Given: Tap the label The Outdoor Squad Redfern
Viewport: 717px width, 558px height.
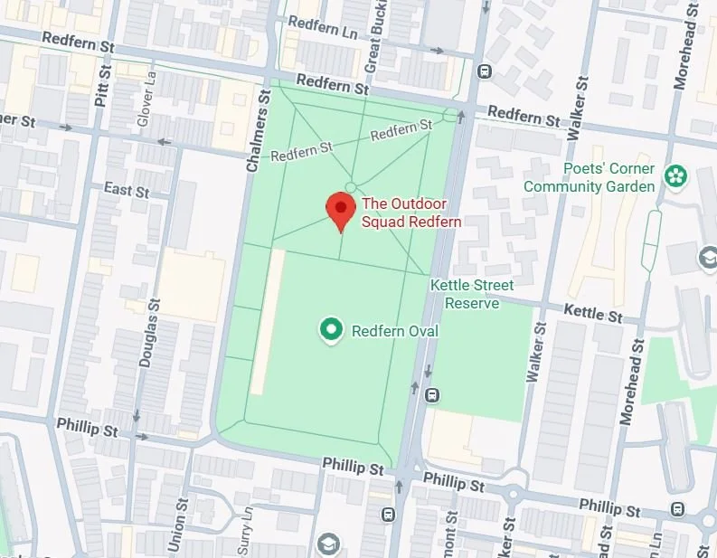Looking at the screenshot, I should tap(411, 213).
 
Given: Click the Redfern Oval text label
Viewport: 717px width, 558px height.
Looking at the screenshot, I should tap(394, 331).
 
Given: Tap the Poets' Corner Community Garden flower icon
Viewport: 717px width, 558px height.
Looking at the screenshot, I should tap(675, 176).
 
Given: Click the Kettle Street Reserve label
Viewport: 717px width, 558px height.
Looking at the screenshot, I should tap(471, 294).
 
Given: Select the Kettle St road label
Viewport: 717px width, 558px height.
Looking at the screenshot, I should tap(593, 313).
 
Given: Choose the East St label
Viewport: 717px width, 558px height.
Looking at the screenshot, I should tap(126, 190).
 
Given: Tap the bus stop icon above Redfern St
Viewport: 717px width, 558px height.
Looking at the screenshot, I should tap(485, 71).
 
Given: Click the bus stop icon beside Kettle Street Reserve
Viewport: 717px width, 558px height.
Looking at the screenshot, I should tap(433, 395).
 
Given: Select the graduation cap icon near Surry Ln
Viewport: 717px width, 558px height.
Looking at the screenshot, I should tap(327, 544).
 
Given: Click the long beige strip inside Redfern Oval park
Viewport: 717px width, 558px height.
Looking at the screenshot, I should tap(267, 322).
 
